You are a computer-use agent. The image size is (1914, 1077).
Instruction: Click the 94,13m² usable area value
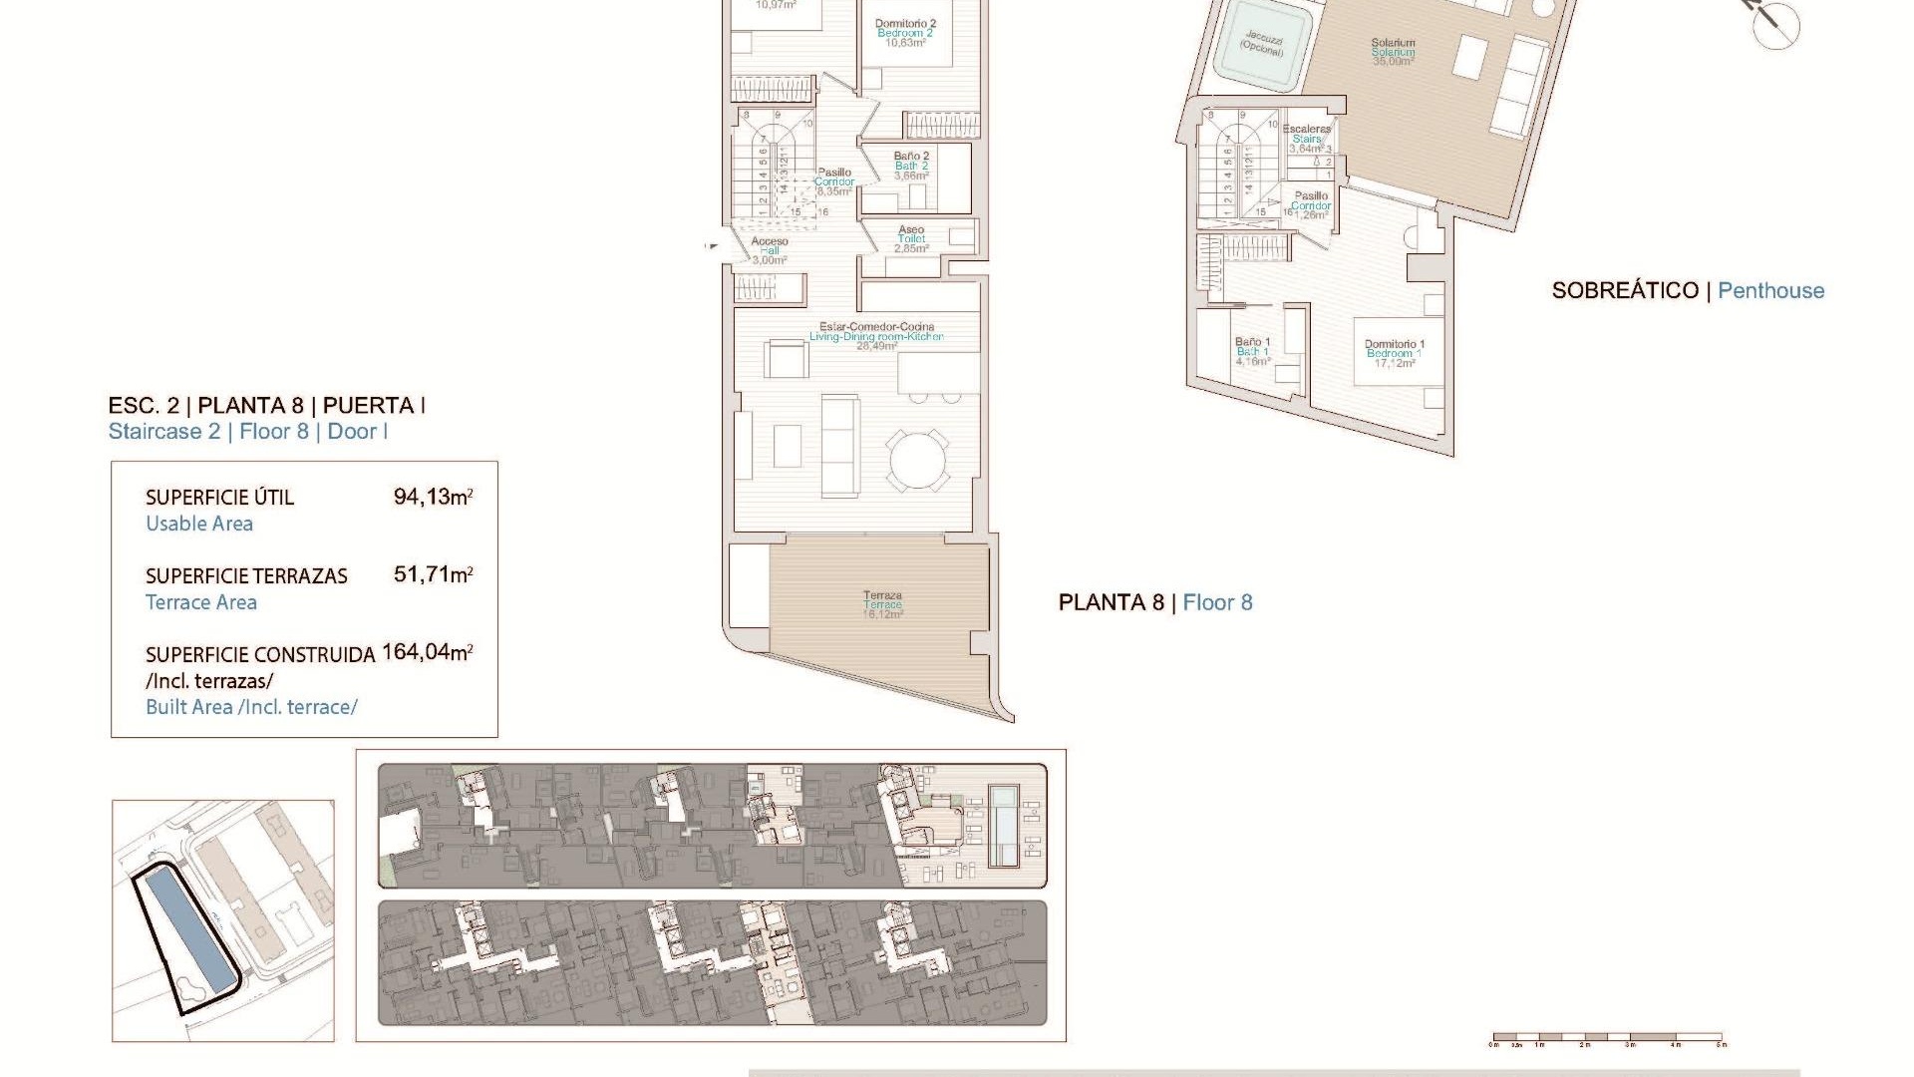pos(433,496)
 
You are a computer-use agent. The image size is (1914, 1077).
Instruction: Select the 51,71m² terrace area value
pos(433,574)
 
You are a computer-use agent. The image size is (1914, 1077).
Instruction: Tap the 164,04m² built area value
pos(427,652)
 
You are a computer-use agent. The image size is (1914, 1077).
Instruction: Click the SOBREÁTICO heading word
pos(1625,291)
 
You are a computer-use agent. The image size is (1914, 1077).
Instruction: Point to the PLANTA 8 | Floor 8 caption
pos(1155,602)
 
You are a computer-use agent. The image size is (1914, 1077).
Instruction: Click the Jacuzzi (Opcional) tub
pos(1262,45)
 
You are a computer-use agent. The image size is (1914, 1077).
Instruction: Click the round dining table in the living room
pos(919,460)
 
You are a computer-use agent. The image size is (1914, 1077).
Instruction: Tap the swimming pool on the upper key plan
pos(1003,826)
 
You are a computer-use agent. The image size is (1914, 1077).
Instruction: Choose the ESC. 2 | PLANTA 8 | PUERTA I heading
pos(267,406)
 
